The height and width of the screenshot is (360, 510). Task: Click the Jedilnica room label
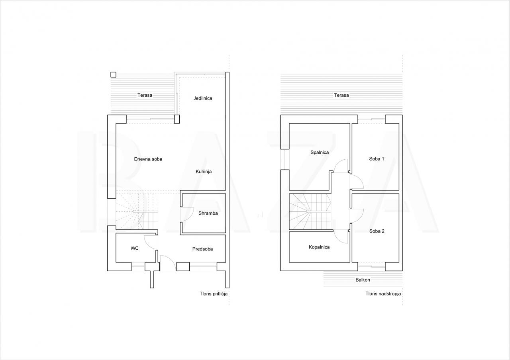(x=203, y=98)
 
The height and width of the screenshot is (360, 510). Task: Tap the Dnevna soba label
(x=148, y=159)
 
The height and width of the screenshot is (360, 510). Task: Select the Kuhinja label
(x=204, y=172)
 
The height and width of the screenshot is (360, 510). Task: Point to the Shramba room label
(x=208, y=213)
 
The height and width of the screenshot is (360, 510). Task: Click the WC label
(x=134, y=248)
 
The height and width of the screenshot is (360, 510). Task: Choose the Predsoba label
(x=202, y=249)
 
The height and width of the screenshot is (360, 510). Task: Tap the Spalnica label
(x=320, y=153)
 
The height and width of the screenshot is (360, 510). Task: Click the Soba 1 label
(x=377, y=159)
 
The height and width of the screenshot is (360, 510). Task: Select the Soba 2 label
(x=377, y=231)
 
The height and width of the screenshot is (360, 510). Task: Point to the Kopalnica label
(x=319, y=247)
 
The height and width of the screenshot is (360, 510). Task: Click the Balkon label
(x=363, y=280)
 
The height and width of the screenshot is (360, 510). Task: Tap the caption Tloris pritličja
(x=213, y=294)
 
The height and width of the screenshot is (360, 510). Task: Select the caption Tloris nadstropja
(x=383, y=294)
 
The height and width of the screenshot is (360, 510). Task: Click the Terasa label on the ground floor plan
(x=145, y=95)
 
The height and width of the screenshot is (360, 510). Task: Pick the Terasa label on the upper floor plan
(x=341, y=95)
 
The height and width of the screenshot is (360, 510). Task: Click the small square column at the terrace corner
(x=113, y=74)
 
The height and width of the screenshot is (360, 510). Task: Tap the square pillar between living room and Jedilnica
(x=177, y=119)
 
